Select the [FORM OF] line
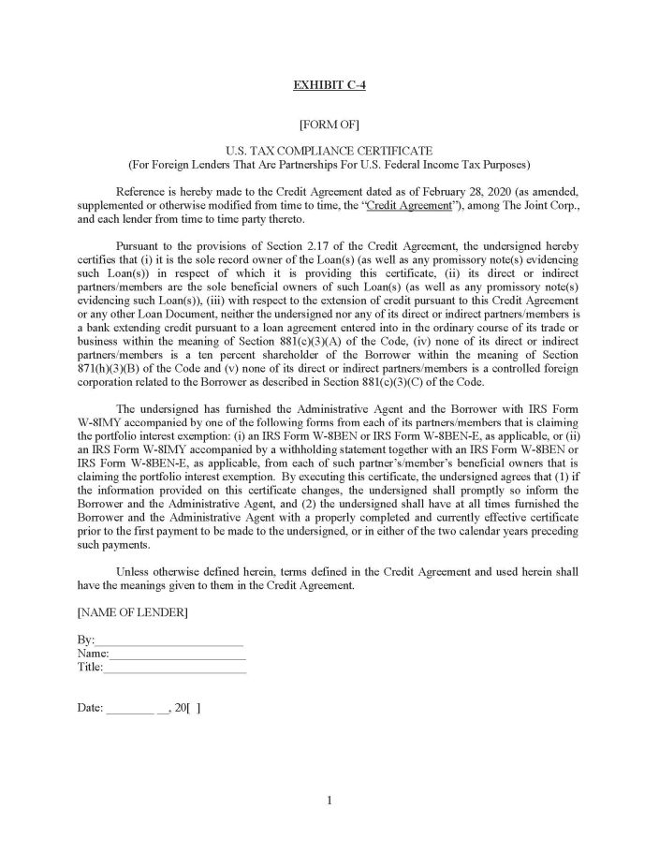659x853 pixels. pos(329,123)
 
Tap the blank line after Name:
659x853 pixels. pos(178,654)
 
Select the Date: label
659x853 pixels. pos(90,708)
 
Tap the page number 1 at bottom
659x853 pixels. pos(329,800)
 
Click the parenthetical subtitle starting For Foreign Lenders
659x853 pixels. pos(329,163)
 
